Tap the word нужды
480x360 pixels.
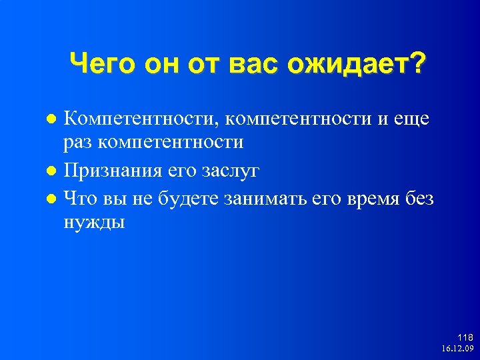coord(94,221)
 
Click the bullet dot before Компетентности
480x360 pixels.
coord(54,120)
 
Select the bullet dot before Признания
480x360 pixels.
coord(54,171)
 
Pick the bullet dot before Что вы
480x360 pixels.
coord(54,199)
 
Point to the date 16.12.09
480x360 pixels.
coord(457,349)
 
